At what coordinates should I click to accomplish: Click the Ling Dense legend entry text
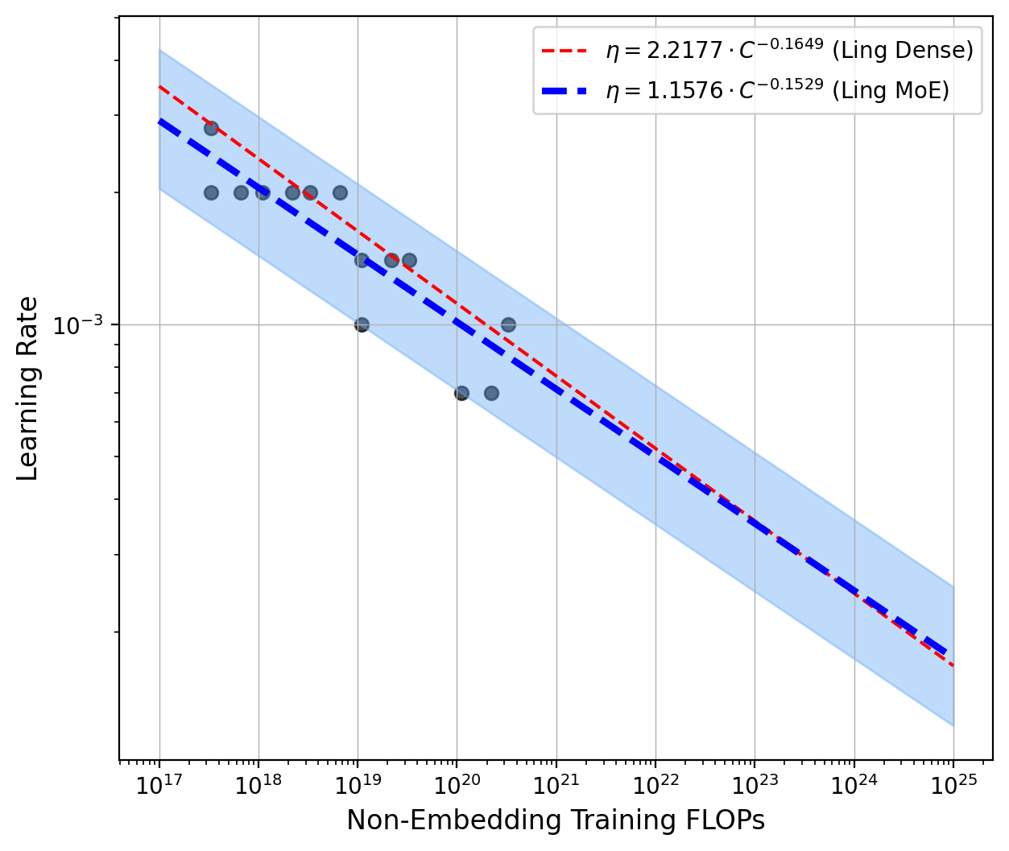(789, 51)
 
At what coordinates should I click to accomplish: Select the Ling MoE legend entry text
(777, 90)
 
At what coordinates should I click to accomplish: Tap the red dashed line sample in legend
(569, 51)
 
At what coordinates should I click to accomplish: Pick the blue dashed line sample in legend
(569, 90)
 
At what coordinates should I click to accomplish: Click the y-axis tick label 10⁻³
(78, 325)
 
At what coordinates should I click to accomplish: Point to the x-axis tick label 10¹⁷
(159, 784)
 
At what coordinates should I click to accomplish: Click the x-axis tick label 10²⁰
(457, 784)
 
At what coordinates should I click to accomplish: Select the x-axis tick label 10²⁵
(953, 784)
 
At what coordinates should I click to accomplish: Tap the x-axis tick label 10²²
(655, 784)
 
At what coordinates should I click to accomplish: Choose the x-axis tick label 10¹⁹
(358, 784)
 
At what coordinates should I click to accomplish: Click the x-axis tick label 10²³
(755, 784)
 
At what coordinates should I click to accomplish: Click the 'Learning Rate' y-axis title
(28, 388)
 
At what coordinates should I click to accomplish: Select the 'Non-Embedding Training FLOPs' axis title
(555, 820)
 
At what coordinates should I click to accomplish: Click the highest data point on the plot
(211, 128)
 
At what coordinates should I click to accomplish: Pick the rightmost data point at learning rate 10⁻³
(508, 324)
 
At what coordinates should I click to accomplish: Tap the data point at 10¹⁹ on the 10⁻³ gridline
(362, 324)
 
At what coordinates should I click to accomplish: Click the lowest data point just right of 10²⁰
(461, 393)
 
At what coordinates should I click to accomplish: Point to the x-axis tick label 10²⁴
(854, 784)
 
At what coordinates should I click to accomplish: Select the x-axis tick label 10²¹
(556, 784)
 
